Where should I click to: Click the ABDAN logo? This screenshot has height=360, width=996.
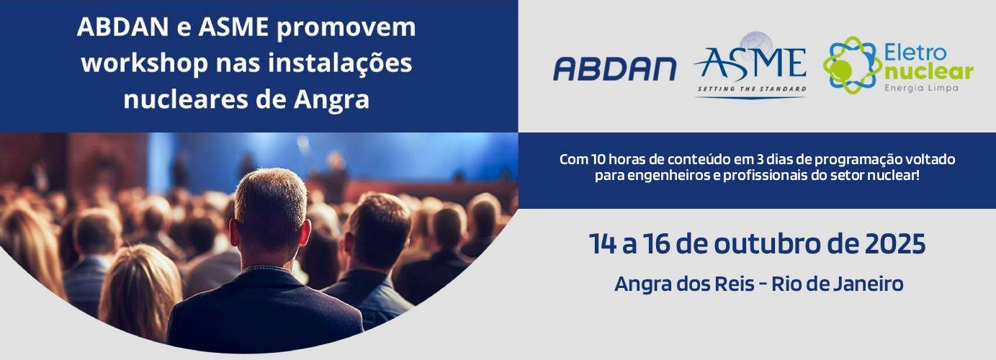click(614, 69)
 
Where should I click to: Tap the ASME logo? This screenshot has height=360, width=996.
click(751, 65)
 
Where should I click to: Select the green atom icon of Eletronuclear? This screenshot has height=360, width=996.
click(851, 65)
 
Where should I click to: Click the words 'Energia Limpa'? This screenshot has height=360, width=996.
click(921, 89)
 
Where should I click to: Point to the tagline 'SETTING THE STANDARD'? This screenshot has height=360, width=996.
click(751, 89)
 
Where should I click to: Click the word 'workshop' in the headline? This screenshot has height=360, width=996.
click(145, 63)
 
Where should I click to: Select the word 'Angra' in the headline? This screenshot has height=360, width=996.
click(331, 100)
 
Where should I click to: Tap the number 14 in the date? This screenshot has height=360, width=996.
click(603, 243)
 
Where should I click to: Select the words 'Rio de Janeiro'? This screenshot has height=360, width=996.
click(838, 284)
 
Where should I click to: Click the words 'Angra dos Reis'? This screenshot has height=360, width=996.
click(684, 284)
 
